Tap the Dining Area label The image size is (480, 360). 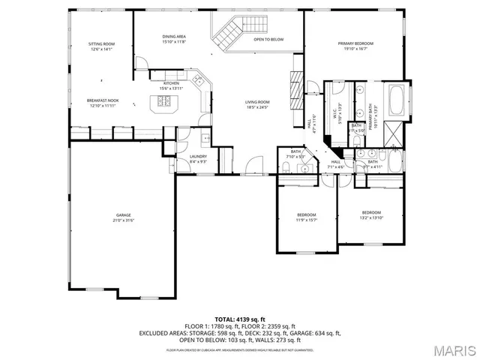(173, 37)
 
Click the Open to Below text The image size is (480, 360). (268, 39)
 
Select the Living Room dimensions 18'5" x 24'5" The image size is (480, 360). (258, 107)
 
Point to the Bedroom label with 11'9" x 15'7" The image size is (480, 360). (307, 215)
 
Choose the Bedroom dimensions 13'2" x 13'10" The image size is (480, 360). (371, 217)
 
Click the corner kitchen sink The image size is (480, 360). (199, 79)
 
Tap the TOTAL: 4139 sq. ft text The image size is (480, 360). (240, 319)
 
